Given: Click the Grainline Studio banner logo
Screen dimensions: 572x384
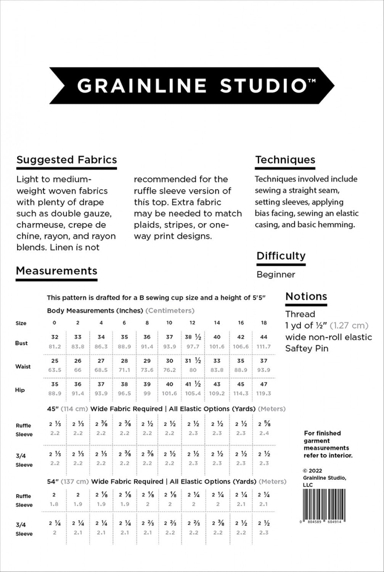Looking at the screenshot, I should coord(192,85).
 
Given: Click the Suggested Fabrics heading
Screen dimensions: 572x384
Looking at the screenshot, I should coord(67,160).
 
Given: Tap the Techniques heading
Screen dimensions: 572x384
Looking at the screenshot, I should coord(285,160).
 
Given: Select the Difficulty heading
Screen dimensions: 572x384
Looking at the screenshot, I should coord(281,256).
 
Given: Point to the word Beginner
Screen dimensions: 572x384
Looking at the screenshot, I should coord(276,275).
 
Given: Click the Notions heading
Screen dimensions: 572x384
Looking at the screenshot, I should coord(306,296).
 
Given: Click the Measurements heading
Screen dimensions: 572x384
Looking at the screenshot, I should coord(56,271).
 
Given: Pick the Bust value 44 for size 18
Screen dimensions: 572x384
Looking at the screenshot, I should coord(264,337).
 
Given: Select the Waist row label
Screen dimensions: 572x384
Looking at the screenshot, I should coord(23,366).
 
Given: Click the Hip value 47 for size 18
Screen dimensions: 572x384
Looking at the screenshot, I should coord(264,384).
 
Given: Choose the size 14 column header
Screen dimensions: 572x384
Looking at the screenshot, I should coord(217,323).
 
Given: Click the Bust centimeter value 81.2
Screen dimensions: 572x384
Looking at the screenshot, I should coord(55,347).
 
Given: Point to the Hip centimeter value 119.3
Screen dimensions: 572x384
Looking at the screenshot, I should coord(264,394).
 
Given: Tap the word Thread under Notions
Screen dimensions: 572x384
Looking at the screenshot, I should coord(300,314).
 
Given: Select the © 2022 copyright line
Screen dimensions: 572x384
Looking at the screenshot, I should coord(312,471).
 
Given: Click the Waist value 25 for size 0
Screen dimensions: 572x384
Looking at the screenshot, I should coord(55,361).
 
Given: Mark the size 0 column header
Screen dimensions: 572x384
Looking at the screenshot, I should coord(55,323).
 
